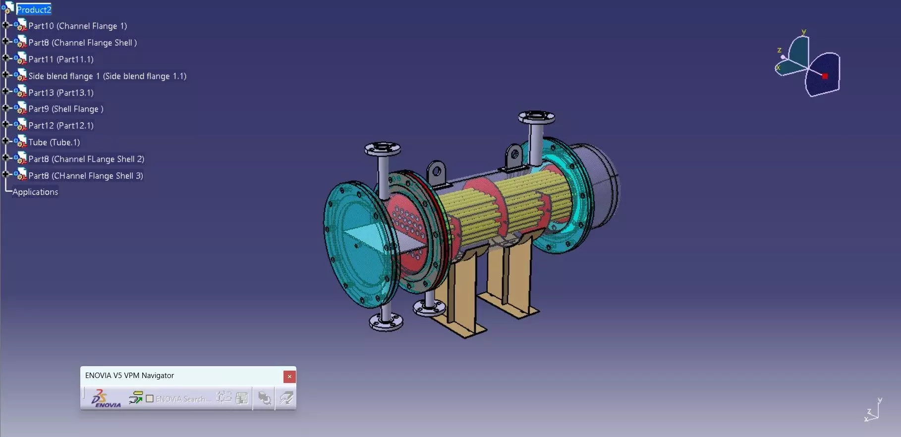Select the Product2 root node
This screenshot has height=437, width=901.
coord(34,9)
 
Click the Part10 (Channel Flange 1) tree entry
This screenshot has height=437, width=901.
coord(77,26)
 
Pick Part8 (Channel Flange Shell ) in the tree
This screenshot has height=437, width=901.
coord(82,43)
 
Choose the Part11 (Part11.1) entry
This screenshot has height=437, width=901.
coord(60,59)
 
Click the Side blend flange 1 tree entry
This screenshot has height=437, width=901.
coord(107,76)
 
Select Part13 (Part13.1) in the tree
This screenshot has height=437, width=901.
coord(60,93)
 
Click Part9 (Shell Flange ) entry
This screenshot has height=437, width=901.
coord(65,109)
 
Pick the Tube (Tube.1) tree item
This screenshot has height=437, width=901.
coord(54,142)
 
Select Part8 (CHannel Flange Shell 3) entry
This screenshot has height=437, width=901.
coord(85,176)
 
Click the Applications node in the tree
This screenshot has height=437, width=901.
coord(35,192)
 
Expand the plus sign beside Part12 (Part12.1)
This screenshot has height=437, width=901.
coord(5,124)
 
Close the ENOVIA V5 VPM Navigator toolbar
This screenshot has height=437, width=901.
coord(289,377)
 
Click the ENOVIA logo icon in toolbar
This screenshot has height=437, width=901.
coord(106,398)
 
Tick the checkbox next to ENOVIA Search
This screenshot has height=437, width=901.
coord(150,398)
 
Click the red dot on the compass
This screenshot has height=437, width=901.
coord(825,76)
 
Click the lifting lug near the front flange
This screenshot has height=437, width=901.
coord(436,173)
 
